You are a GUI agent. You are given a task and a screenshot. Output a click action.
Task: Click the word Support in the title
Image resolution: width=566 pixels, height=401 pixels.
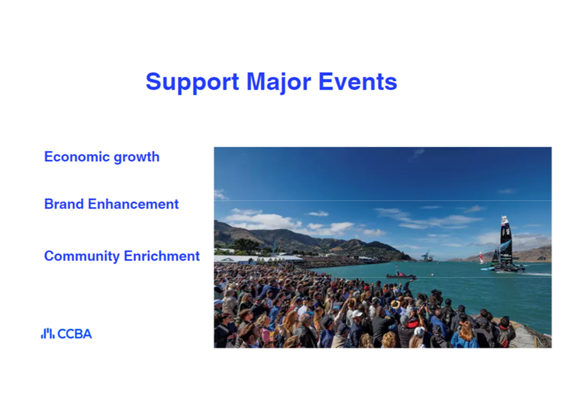(192, 83)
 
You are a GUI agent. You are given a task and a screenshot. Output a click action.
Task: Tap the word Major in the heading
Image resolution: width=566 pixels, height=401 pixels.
(279, 83)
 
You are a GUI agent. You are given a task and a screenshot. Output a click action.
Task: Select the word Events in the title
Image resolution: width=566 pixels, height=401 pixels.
(358, 82)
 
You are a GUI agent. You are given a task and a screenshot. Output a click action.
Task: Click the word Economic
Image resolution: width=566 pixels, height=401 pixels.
(76, 157)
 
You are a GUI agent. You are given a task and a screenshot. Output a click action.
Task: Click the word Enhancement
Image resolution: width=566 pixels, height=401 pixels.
(133, 204)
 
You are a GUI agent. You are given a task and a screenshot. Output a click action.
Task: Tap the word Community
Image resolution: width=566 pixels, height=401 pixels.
(82, 257)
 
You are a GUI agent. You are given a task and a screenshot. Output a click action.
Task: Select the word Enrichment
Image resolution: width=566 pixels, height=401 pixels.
(162, 256)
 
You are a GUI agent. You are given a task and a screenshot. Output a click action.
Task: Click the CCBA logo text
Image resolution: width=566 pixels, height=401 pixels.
(75, 334)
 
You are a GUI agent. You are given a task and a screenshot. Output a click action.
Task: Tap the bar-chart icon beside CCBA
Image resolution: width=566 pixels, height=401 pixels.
(48, 334)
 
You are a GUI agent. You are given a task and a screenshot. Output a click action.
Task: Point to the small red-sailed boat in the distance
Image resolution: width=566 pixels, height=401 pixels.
(481, 258)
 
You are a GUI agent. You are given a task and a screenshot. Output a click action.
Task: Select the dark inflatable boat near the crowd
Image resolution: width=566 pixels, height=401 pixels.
(401, 276)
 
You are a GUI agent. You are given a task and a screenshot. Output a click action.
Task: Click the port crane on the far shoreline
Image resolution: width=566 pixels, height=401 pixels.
(427, 255)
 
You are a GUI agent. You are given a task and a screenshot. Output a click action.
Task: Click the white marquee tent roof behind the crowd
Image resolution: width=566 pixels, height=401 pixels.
(258, 258)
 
